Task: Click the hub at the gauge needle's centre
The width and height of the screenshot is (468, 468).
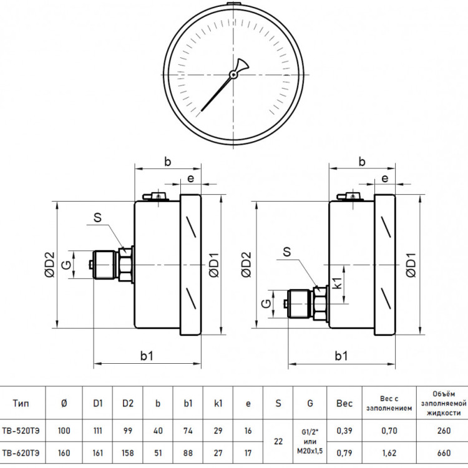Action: click(233, 74)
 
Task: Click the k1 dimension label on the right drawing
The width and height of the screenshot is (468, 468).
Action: click(337, 283)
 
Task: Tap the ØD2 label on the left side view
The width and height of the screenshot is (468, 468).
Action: click(51, 265)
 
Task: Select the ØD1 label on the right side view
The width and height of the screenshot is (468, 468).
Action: click(411, 265)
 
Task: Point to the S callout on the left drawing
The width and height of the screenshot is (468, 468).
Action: click(97, 218)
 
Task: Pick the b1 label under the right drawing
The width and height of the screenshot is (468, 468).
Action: click(341, 356)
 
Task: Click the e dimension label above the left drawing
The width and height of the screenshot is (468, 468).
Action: click(190, 178)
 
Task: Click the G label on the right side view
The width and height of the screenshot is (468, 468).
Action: click(266, 303)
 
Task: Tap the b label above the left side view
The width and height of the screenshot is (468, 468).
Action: click(168, 162)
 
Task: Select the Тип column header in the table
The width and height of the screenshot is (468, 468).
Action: click(21, 403)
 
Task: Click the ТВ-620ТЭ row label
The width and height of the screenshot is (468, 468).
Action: click(21, 453)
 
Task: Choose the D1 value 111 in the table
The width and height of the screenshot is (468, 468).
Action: click(97, 431)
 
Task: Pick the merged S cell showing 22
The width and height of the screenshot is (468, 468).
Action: click(278, 441)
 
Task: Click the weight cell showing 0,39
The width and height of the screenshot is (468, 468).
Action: click(344, 431)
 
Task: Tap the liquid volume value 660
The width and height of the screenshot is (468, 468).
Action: click(444, 453)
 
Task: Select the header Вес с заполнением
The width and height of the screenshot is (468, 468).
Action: click(389, 403)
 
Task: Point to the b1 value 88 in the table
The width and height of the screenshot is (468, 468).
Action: click(188, 453)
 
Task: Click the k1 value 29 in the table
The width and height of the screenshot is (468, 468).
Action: click(218, 431)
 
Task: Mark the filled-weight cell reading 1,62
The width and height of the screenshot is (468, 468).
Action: click(389, 453)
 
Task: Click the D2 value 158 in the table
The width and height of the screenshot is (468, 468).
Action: click(128, 453)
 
